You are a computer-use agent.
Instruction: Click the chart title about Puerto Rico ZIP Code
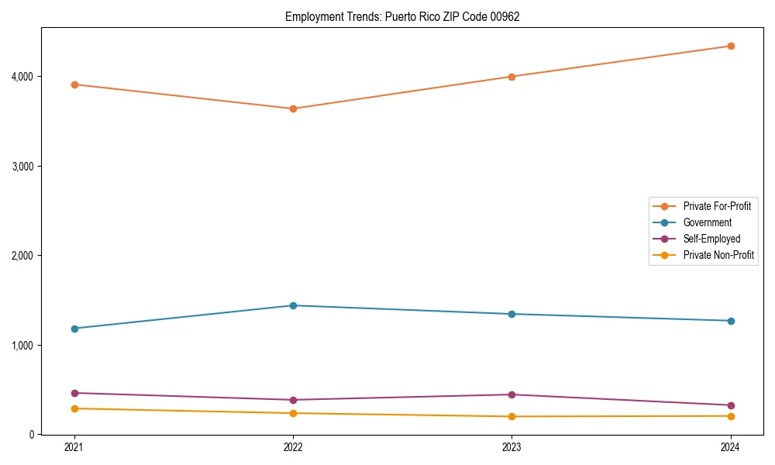click(402, 16)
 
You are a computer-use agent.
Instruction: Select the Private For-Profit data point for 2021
click(74, 84)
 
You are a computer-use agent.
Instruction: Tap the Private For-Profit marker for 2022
click(293, 108)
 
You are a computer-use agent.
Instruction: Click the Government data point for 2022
click(293, 305)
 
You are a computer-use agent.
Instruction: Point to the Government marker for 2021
click(74, 329)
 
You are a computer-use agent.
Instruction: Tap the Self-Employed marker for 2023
click(512, 394)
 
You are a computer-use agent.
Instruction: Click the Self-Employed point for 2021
click(74, 393)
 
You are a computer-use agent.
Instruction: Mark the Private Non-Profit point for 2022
click(293, 413)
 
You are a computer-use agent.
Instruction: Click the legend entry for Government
click(707, 222)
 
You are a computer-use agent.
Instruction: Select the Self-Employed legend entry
click(711, 239)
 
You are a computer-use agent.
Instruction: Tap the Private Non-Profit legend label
click(718, 255)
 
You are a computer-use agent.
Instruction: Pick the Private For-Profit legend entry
click(717, 206)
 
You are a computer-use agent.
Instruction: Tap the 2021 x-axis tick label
click(74, 447)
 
